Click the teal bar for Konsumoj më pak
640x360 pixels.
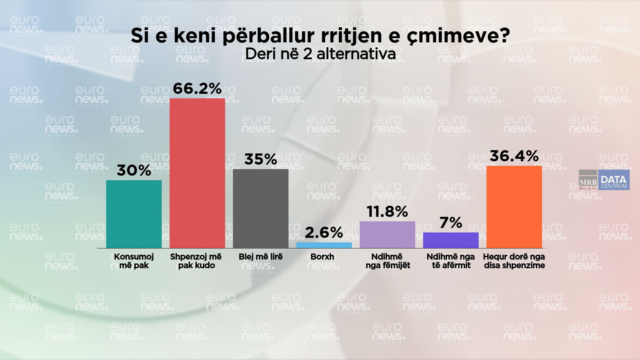(134, 214)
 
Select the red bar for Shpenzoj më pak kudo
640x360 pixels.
(197, 173)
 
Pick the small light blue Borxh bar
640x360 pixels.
(324, 245)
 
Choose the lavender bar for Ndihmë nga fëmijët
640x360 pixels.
(387, 235)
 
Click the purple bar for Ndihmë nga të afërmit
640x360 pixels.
(451, 240)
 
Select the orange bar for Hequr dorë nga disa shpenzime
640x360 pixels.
(514, 207)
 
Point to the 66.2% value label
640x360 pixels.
(197, 88)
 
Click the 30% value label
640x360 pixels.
(134, 170)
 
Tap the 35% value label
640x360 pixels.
(261, 159)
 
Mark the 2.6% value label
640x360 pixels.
(324, 233)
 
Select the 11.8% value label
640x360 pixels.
(387, 211)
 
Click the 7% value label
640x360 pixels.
(451, 223)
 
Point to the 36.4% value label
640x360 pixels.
(514, 156)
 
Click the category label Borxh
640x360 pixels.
(322, 257)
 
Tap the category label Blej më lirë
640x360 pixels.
(261, 257)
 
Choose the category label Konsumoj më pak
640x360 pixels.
(134, 261)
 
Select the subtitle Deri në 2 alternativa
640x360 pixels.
(320, 54)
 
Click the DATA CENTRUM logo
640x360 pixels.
(614, 180)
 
